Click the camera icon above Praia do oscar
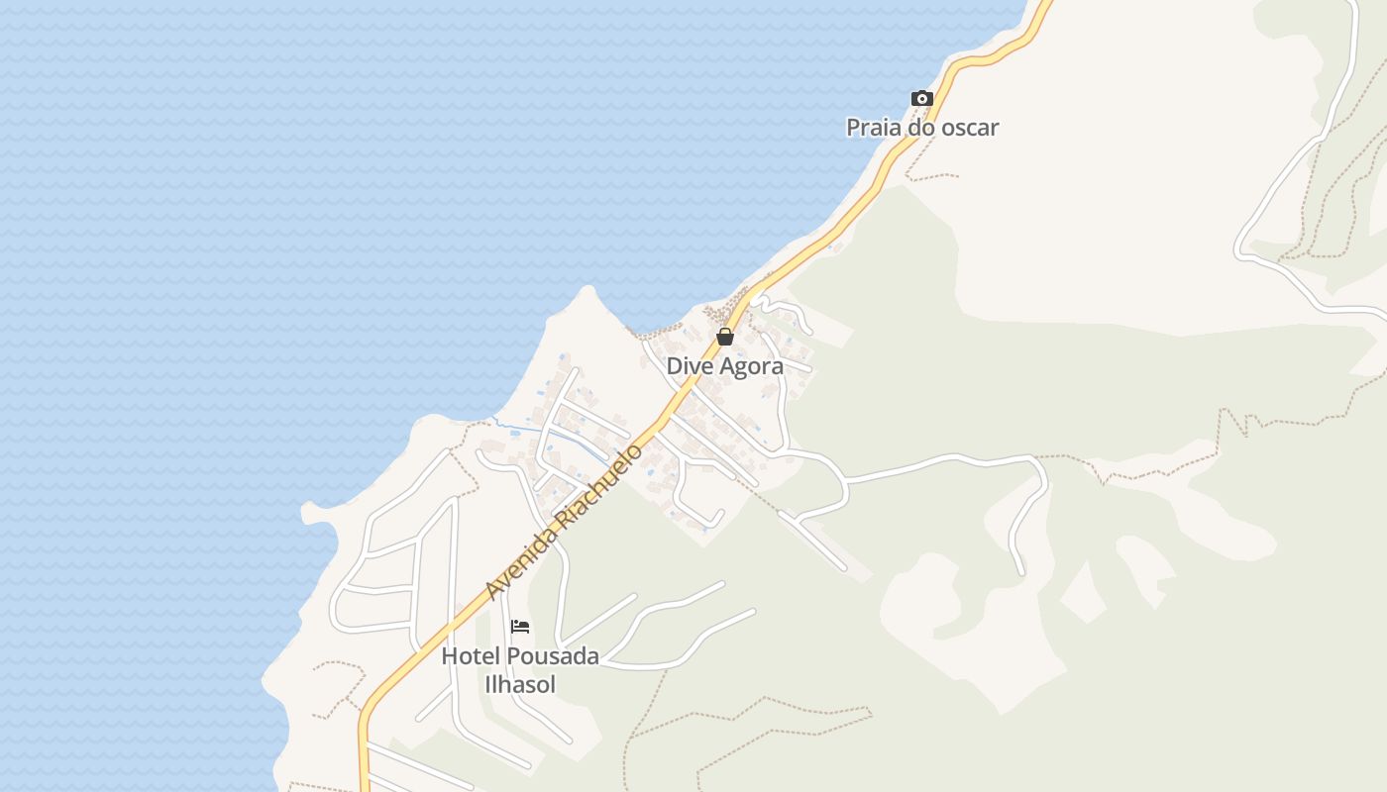tap(922, 98)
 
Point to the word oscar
tap(970, 128)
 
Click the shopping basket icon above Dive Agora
tap(725, 337)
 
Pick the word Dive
tap(687, 366)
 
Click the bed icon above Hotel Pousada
tap(520, 627)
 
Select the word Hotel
tap(471, 656)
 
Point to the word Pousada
tap(553, 656)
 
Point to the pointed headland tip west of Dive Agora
tap(588, 288)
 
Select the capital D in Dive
tap(674, 366)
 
